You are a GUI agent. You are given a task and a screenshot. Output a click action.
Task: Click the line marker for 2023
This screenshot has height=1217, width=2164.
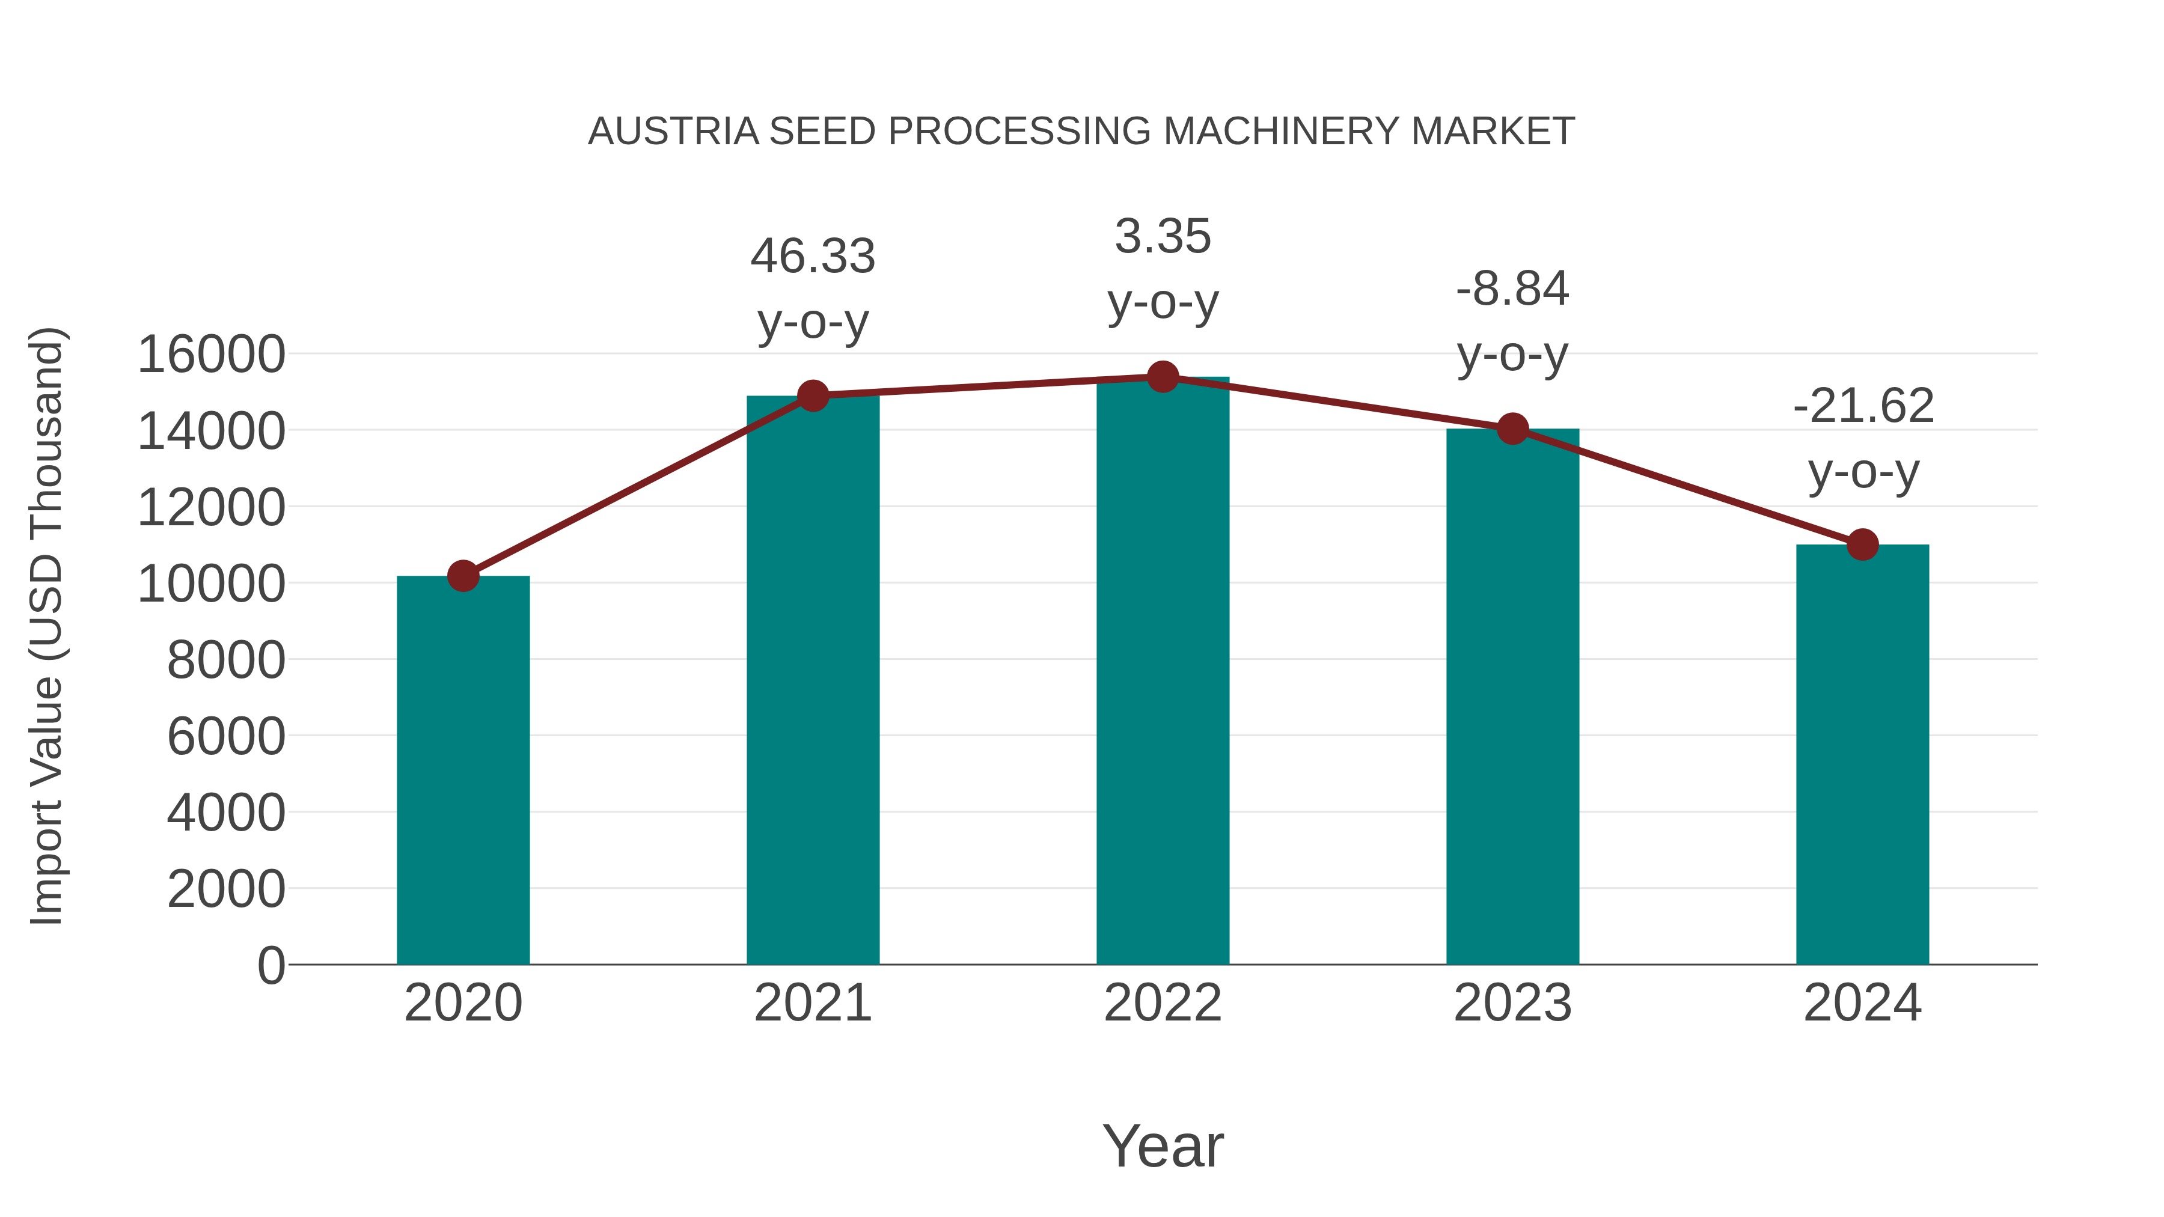(x=1512, y=429)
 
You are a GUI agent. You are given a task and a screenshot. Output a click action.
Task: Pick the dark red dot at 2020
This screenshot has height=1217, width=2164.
(x=463, y=576)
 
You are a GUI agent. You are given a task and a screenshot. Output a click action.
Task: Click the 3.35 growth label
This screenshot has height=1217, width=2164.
(x=1163, y=237)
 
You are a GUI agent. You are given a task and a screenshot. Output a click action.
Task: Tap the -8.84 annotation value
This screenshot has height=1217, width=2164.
(x=1512, y=290)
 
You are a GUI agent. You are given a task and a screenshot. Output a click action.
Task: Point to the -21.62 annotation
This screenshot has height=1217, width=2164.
(x=1862, y=406)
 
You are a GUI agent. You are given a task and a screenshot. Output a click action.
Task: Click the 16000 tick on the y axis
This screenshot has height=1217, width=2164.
(x=212, y=355)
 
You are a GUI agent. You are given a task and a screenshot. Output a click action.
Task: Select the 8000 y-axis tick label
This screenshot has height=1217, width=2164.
(x=226, y=660)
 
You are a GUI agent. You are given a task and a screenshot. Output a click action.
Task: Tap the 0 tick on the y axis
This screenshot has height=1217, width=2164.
(x=271, y=965)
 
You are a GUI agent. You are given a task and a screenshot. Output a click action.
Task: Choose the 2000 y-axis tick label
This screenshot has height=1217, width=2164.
(x=226, y=889)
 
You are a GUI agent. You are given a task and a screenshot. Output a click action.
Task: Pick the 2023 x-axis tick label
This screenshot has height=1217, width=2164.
(x=1512, y=1003)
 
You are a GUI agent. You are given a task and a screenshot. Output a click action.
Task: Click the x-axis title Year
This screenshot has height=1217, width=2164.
(x=1163, y=1145)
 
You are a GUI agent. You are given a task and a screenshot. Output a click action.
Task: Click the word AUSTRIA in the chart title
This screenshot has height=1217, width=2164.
(x=673, y=132)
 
